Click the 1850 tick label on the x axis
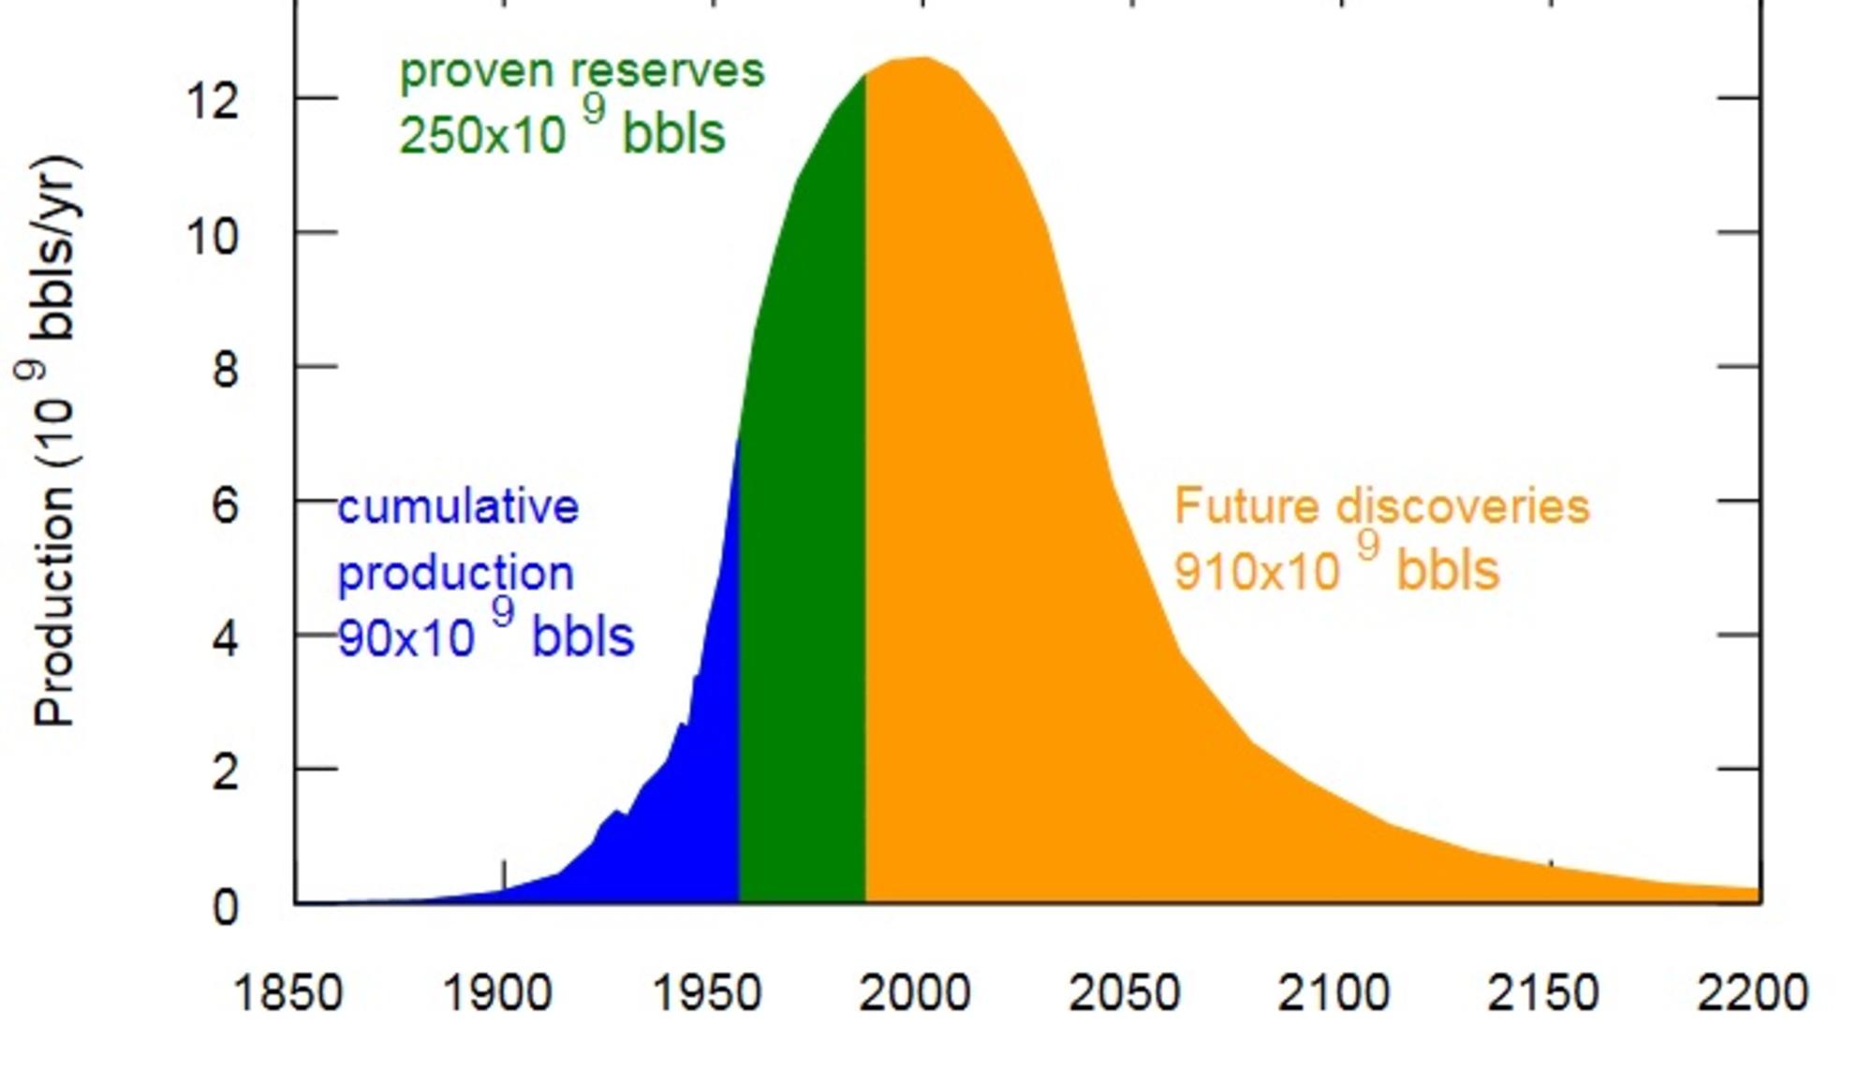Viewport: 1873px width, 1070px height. tap(288, 993)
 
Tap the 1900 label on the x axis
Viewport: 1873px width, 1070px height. tap(496, 993)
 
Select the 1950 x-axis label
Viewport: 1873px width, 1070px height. tap(706, 993)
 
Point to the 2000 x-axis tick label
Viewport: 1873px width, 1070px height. tap(915, 993)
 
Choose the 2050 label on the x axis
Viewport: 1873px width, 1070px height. tap(1124, 993)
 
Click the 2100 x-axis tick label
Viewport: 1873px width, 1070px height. tap(1334, 993)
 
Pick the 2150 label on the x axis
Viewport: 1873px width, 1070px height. tap(1542, 993)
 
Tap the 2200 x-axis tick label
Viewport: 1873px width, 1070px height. tap(1752, 993)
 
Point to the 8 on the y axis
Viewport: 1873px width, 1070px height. tap(225, 370)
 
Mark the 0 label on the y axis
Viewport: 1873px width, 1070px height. tap(225, 907)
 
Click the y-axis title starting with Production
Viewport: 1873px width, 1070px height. tap(53, 440)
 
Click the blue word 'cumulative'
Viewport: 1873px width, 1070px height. tap(458, 506)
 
